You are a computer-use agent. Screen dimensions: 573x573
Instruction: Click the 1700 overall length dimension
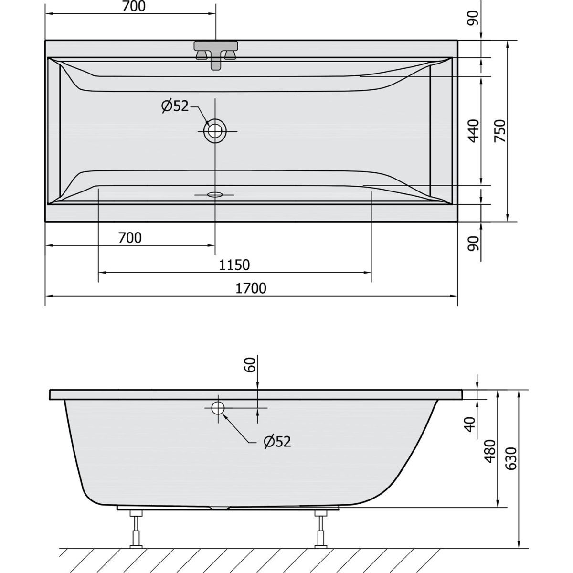point(251,288)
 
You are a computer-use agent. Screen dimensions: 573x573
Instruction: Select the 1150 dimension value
point(234,265)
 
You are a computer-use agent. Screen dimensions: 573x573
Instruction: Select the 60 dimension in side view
point(251,365)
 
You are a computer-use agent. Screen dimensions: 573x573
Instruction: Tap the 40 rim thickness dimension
point(471,424)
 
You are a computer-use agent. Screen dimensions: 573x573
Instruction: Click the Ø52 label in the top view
point(175,106)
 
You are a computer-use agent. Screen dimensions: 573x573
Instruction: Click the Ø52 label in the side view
point(277,442)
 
